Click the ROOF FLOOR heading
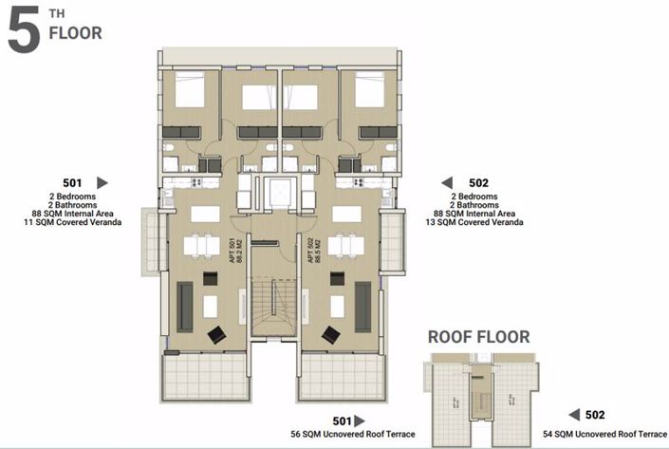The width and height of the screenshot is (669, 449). coord(478,336)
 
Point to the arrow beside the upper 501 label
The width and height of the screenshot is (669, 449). coord(102,182)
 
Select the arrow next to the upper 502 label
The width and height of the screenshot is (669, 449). coord(446,182)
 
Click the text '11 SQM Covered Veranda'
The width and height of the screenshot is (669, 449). coord(73,223)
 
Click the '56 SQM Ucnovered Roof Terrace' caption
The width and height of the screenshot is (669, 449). coord(352,434)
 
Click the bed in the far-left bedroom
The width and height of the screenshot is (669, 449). coord(189,90)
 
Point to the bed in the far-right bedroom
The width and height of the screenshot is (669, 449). coord(368,90)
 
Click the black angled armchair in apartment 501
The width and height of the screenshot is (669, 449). coord(217,333)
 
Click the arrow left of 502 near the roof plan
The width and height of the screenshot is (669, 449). coord(573,415)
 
